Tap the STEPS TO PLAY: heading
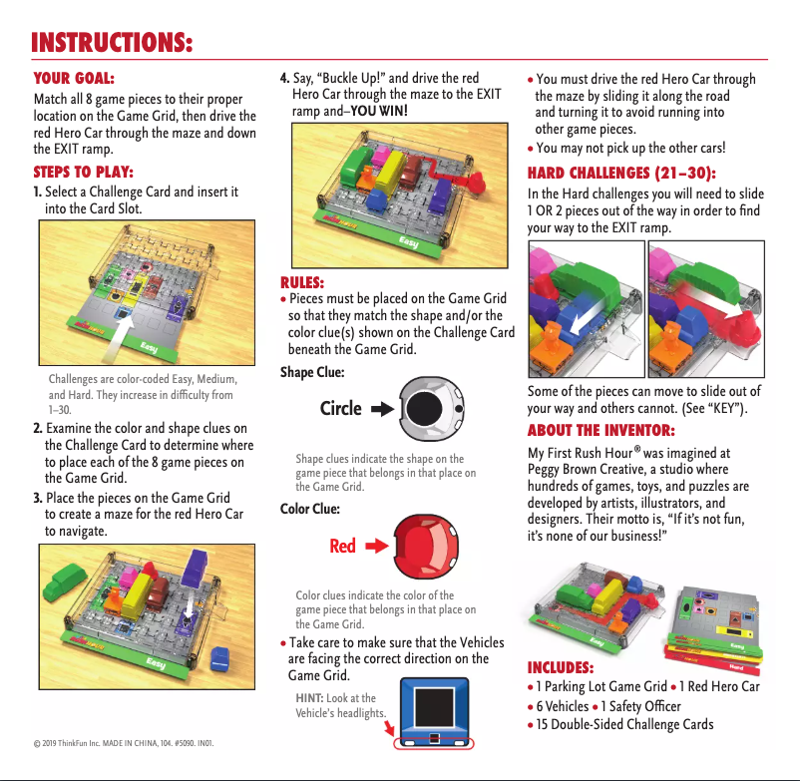coord(83,172)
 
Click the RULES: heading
coord(302,281)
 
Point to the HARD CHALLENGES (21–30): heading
coord(621,172)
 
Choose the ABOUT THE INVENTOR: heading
coord(600,430)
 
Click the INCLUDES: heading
coord(560,667)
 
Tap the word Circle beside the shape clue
coord(340,409)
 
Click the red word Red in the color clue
coord(342,547)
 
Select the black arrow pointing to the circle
coord(382,409)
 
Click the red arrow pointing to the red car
coord(375,547)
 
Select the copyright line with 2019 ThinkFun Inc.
coord(124,743)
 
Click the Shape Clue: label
coord(312,372)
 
